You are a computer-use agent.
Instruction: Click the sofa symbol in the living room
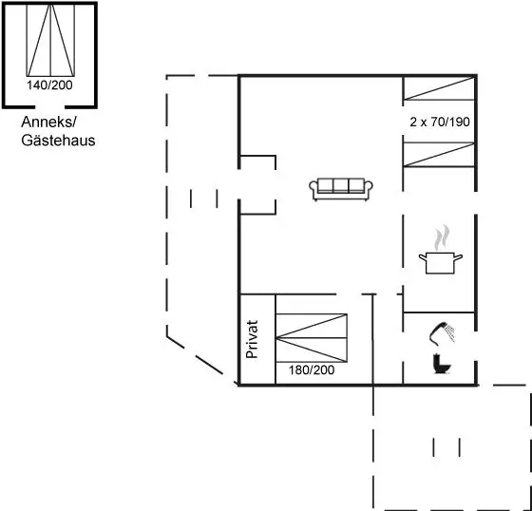tap(341, 189)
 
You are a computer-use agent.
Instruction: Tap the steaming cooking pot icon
tap(441, 250)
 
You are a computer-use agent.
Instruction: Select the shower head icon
tap(437, 332)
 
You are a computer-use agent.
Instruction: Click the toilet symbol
tap(442, 364)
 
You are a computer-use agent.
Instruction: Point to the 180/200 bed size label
tap(312, 369)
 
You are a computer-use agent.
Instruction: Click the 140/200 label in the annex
tap(49, 85)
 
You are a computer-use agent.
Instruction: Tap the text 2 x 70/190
tap(440, 122)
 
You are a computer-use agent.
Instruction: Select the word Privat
tap(252, 339)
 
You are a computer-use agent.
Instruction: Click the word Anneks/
tap(49, 123)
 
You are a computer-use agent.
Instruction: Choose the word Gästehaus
tap(58, 141)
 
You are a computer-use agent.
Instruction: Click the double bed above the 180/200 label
tap(312, 338)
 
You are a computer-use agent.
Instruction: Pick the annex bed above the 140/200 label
tap(50, 40)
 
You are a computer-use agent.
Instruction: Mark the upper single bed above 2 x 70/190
tap(438, 88)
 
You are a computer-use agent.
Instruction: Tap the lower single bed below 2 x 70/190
tap(438, 155)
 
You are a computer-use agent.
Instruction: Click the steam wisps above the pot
tap(442, 237)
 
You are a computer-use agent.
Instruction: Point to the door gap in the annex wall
tap(49, 107)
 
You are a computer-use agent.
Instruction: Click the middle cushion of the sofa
tap(341, 185)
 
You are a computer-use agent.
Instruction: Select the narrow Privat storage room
tap(257, 339)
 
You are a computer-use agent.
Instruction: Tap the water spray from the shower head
tap(450, 331)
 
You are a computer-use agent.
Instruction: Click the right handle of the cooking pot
tap(458, 257)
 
